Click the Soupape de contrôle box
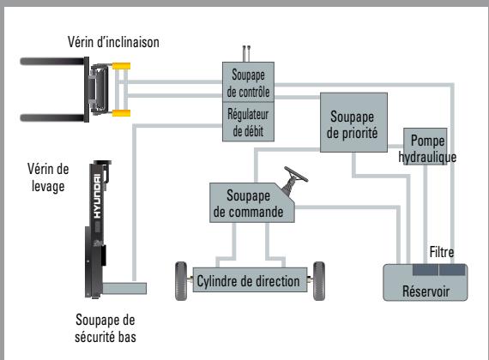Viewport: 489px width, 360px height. coord(248,82)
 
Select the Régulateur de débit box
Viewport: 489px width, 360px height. coord(248,122)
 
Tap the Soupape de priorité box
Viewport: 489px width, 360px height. coord(353,123)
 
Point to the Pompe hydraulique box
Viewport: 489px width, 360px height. coord(425,147)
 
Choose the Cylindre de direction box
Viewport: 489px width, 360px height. coord(250,280)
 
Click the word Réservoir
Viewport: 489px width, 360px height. coord(426,291)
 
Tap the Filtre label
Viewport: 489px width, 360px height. coord(442,252)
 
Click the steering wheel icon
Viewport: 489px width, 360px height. coord(294,181)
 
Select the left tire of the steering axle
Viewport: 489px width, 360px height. coord(181,281)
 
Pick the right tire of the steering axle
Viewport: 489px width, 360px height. coord(319,281)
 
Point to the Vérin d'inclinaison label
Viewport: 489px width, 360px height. coord(113,42)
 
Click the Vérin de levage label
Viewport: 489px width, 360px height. coord(48,177)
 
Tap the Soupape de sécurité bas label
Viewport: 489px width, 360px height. coord(106,328)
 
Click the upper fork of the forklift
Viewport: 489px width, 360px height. coord(52,62)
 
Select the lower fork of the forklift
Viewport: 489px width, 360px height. coord(52,117)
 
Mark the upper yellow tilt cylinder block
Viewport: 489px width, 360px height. coord(121,66)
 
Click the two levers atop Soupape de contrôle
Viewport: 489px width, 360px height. coord(246,54)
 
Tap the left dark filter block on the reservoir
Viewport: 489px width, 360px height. coord(426,270)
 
